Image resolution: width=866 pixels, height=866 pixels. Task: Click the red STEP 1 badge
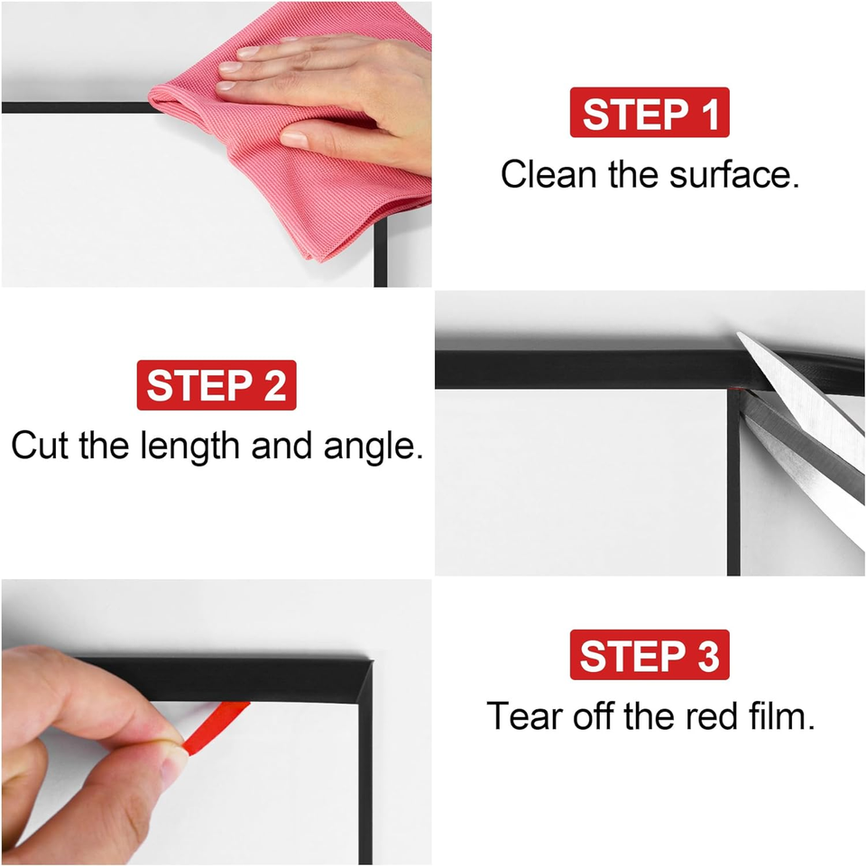[649, 115]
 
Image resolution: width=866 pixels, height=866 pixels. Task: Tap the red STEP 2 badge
[216, 385]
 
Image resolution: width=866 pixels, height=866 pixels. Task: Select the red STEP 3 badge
[649, 656]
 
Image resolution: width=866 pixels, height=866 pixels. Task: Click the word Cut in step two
[41, 446]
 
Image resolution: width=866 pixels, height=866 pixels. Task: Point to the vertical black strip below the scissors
[733, 505]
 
